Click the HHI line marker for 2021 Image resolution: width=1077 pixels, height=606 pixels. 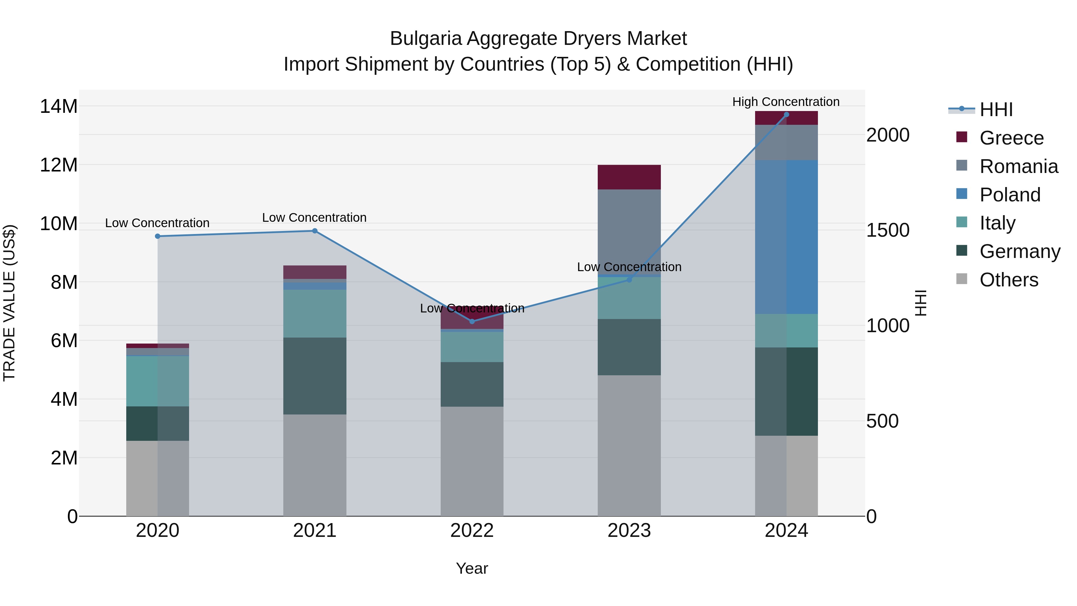click(x=315, y=231)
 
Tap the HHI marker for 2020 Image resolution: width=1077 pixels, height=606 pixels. click(x=158, y=236)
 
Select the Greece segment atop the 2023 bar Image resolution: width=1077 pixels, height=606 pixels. click(x=629, y=177)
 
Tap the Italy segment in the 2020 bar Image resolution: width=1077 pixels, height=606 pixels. click(x=158, y=381)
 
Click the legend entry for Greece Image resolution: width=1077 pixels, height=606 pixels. click(x=1011, y=138)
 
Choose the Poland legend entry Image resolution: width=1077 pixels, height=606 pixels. click(x=1010, y=195)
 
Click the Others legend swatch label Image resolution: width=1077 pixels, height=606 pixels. click(x=1008, y=280)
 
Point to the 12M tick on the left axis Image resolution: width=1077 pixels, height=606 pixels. click(x=59, y=165)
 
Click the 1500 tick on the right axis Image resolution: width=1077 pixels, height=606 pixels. click(x=888, y=230)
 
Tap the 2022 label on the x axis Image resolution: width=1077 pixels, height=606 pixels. click(x=472, y=531)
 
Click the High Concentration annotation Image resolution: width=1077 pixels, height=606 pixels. click(x=786, y=102)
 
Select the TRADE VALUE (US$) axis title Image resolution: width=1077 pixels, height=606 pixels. click(x=9, y=303)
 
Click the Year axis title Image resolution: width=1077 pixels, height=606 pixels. click(x=472, y=568)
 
